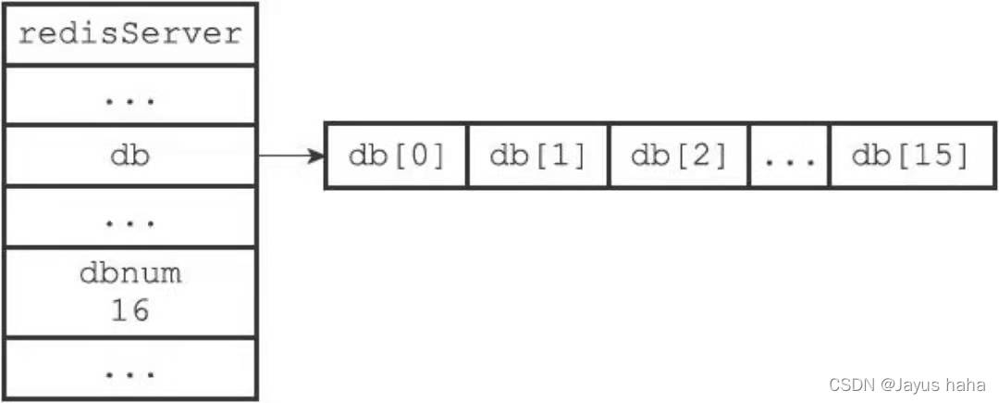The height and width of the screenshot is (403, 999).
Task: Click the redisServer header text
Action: [x=130, y=33]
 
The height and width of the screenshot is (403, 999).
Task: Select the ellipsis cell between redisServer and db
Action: [x=130, y=94]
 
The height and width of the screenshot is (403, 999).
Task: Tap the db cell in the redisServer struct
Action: [x=130, y=155]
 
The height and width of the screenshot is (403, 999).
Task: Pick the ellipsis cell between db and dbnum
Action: [x=130, y=216]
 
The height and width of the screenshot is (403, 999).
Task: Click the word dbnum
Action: [x=130, y=273]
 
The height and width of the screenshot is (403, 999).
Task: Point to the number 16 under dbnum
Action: [x=130, y=310]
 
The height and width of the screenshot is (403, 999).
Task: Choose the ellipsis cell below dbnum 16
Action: [x=130, y=369]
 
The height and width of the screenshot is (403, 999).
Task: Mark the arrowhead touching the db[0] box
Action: [x=316, y=156]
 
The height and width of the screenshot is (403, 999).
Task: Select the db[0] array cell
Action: [x=396, y=156]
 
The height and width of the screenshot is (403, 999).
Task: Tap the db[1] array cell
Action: [x=538, y=156]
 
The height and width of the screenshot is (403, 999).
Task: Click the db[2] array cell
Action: [x=679, y=156]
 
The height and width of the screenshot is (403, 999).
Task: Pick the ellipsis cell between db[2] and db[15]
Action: [x=790, y=156]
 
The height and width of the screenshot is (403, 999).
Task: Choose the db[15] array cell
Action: [x=912, y=156]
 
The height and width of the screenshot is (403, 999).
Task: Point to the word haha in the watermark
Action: [x=965, y=384]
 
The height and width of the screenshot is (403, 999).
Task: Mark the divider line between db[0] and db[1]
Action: [x=468, y=156]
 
